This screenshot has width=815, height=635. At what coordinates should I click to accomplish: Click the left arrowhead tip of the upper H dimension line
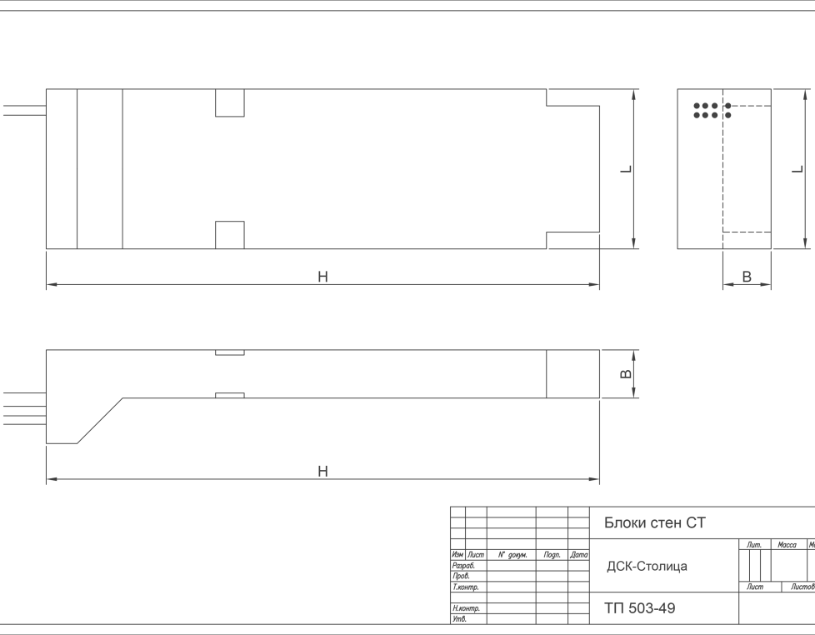[x=47, y=285]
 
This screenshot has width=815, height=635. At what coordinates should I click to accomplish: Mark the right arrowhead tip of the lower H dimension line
[x=599, y=479]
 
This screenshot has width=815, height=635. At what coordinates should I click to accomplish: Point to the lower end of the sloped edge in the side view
[x=77, y=444]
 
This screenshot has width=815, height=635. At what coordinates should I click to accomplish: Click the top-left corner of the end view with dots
[x=677, y=89]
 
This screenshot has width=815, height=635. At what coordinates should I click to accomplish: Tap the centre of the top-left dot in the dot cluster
[x=697, y=106]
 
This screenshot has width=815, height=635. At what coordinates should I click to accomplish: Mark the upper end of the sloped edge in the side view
[x=122, y=398]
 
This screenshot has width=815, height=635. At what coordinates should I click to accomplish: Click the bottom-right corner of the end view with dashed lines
[x=771, y=249]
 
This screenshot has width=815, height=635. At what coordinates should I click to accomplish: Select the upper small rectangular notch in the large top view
[x=230, y=102]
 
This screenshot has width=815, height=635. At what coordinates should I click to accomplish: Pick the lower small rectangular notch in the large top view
[x=230, y=235]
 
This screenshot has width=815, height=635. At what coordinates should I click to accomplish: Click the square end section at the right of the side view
[x=572, y=374]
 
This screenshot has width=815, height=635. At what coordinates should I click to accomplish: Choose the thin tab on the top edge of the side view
[x=230, y=352]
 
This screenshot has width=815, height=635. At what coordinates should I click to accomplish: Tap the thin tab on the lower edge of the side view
[x=230, y=396]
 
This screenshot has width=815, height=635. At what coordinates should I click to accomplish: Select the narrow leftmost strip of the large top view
[x=62, y=169]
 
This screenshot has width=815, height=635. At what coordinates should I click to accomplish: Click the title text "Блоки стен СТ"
[x=655, y=522]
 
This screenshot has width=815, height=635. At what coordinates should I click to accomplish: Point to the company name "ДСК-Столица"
[x=647, y=566]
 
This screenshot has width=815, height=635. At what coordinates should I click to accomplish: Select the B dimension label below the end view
[x=747, y=277]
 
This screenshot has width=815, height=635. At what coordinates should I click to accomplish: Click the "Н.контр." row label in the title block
[x=466, y=608]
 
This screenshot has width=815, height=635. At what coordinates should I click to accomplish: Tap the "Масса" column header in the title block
[x=787, y=544]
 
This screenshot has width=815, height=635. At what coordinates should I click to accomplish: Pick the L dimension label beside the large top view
[x=627, y=169]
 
